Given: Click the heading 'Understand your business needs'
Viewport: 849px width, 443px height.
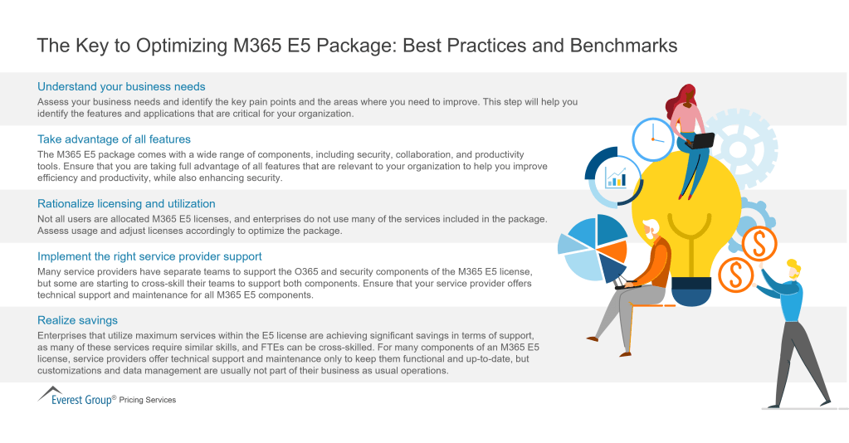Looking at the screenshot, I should click(x=121, y=86).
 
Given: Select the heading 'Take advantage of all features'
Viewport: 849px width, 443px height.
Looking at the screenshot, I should click(x=114, y=139).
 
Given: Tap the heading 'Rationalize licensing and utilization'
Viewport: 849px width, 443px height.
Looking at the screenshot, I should click(x=126, y=203).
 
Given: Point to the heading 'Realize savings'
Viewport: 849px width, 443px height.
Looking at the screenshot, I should click(x=77, y=319).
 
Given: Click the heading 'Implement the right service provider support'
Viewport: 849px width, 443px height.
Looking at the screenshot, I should click(x=149, y=256).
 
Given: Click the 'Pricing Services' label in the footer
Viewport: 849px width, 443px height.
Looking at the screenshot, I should click(x=148, y=400).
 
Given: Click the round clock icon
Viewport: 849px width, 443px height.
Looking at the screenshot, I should click(x=653, y=139).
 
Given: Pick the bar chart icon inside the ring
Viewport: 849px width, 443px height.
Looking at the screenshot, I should click(x=616, y=177).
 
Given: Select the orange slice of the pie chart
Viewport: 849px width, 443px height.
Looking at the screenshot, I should click(x=613, y=251).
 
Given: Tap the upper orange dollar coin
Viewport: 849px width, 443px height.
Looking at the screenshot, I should click(x=758, y=244).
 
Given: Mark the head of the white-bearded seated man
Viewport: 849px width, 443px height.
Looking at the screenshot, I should click(x=652, y=231).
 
